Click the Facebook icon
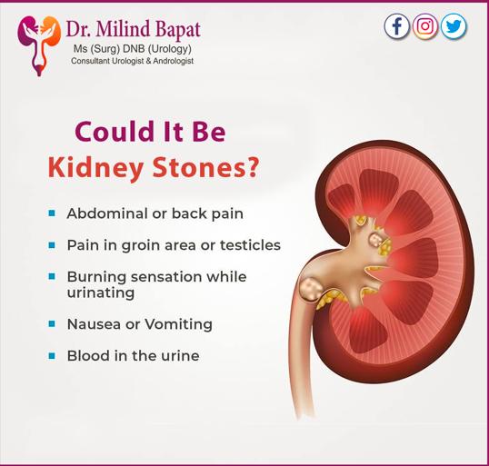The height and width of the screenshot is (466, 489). (396, 26)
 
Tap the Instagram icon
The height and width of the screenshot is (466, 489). (425, 26)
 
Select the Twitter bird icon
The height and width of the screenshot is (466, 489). (454, 26)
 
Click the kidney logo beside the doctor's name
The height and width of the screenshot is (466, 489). (39, 45)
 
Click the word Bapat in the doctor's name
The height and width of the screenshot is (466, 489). (177, 29)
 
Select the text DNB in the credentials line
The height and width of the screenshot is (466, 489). (135, 49)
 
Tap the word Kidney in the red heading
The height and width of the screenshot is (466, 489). (95, 168)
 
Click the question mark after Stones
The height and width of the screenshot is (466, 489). (254, 167)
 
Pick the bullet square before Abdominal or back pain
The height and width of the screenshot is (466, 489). (52, 213)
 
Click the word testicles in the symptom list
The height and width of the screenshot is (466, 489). (250, 245)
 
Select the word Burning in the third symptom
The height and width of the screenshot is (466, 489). (96, 277)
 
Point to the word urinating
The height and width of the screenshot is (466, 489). (101, 293)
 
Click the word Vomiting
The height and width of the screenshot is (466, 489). (179, 325)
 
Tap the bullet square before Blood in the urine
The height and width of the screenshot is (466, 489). (52, 356)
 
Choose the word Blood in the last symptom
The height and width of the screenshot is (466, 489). (88, 356)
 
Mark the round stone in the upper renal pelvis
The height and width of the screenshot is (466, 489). (374, 240)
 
